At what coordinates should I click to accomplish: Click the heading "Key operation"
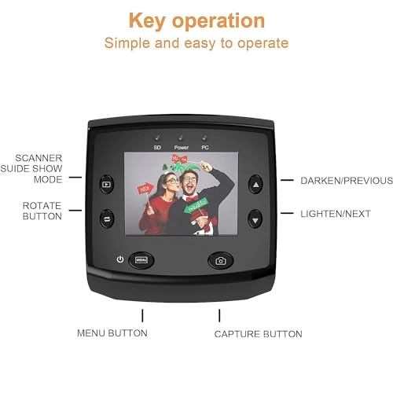click(x=196, y=19)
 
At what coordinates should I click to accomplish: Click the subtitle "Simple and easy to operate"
click(x=196, y=42)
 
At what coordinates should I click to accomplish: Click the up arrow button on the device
click(x=255, y=185)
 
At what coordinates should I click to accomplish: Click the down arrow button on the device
click(x=255, y=218)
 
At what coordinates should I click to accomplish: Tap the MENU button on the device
click(x=142, y=259)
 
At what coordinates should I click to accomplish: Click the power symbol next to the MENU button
click(x=119, y=259)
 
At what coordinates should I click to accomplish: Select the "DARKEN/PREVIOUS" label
click(x=347, y=181)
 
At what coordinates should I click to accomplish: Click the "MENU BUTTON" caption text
click(x=112, y=333)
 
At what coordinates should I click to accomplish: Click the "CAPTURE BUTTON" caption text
click(x=258, y=334)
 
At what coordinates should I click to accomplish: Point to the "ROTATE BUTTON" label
click(x=42, y=210)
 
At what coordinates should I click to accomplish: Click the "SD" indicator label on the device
click(x=156, y=148)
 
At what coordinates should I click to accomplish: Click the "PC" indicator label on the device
click(x=205, y=148)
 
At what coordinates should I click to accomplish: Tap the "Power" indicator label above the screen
click(x=181, y=148)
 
